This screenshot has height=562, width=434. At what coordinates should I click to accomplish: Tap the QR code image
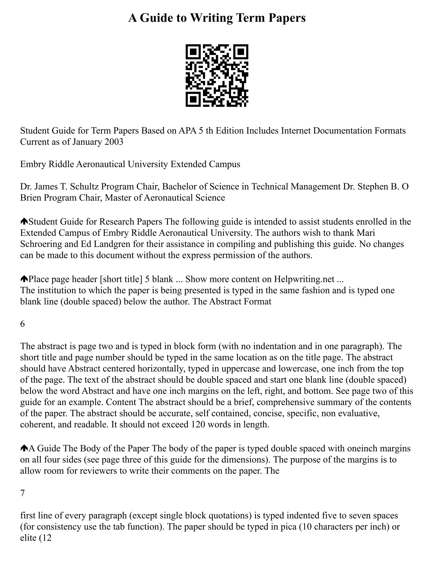pyautogui.click(x=217, y=75)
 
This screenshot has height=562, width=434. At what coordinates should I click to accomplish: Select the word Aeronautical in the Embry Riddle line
pyautogui.click(x=100, y=164)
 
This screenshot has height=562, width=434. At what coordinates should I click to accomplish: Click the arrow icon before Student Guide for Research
pyautogui.click(x=24, y=221)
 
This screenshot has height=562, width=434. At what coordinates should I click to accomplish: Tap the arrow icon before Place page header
pyautogui.click(x=24, y=279)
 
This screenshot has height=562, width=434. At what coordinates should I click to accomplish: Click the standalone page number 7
pyautogui.click(x=23, y=493)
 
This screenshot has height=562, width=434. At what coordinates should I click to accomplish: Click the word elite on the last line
pyautogui.click(x=28, y=538)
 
